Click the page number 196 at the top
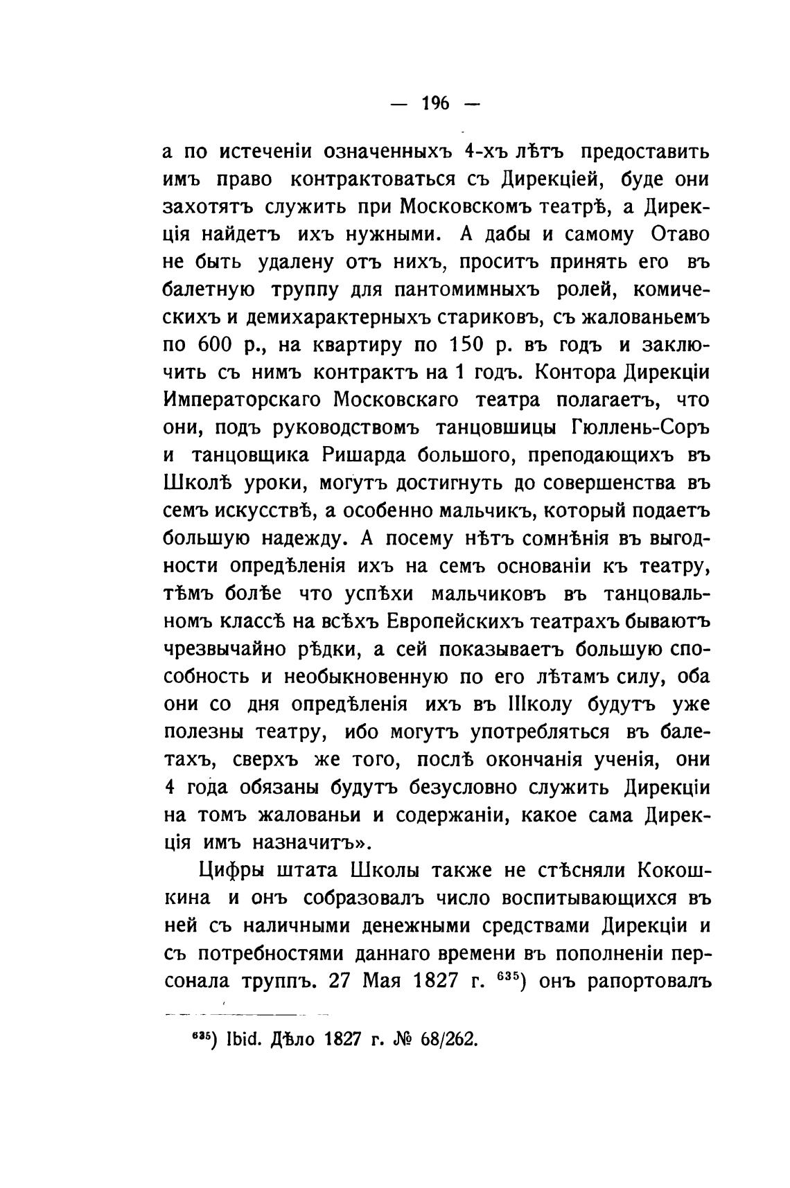(x=436, y=104)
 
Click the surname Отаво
(x=681, y=234)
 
